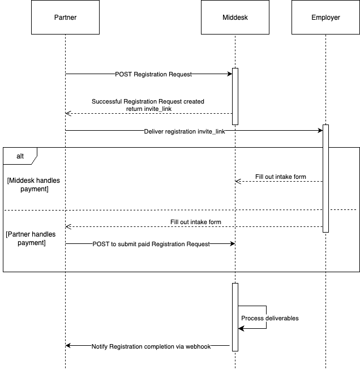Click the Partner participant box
click(66, 17)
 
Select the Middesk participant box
click(235, 17)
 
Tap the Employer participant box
click(325, 17)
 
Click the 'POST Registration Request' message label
click(153, 74)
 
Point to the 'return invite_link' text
click(149, 109)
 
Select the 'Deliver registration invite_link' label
click(185, 131)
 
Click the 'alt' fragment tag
click(20, 156)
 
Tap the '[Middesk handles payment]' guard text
click(33, 184)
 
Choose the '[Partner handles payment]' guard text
click(31, 238)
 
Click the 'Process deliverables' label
click(270, 318)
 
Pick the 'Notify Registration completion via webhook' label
click(151, 346)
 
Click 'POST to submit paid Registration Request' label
click(151, 244)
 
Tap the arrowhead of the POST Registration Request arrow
click(230, 74)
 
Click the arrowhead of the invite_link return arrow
click(68, 113)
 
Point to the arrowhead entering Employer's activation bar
click(320, 130)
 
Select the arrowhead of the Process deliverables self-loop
click(241, 328)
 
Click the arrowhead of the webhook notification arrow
click(68, 345)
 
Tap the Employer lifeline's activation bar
click(325, 178)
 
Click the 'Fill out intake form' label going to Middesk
click(281, 177)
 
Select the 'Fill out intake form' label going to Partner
click(196, 222)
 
